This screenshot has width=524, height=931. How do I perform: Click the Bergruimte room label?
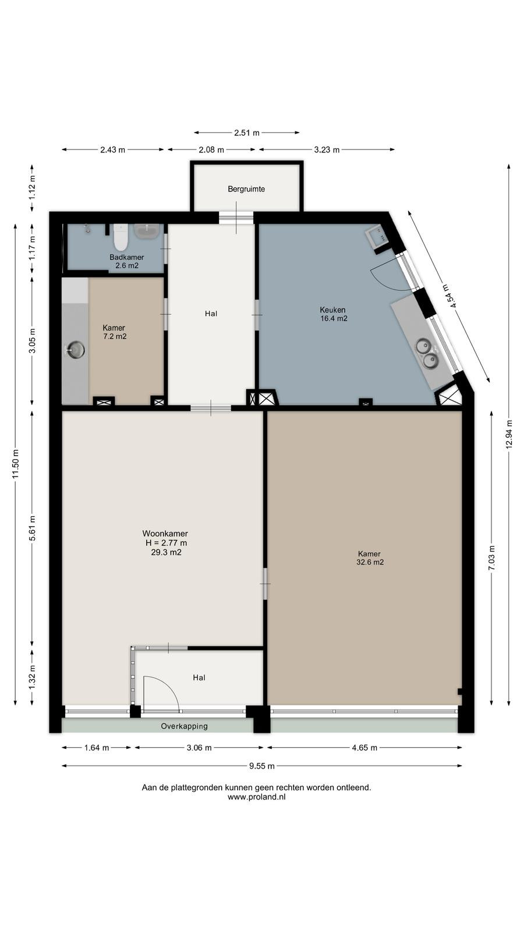point(246,189)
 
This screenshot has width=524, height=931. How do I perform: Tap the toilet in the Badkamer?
point(121,237)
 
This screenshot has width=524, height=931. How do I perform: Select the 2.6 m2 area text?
point(127,265)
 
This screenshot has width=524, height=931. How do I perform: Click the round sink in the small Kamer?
point(76,350)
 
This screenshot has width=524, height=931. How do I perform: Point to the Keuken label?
point(332,310)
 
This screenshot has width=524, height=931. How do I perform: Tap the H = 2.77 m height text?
point(166,543)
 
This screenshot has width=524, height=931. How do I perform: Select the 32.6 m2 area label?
point(370,562)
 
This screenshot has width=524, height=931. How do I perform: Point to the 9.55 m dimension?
point(262,766)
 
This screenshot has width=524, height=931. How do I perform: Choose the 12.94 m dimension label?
point(509,434)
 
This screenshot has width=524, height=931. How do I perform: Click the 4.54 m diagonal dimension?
point(449,296)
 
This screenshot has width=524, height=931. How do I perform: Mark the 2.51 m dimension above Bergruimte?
point(247,133)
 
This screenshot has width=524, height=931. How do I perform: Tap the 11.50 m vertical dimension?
point(16,464)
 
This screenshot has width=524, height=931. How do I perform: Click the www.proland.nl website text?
point(257,797)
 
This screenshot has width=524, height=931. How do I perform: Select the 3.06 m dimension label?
point(199,748)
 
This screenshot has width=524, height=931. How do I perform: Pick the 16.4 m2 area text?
point(334,319)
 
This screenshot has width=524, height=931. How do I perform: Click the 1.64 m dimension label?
point(97,748)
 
